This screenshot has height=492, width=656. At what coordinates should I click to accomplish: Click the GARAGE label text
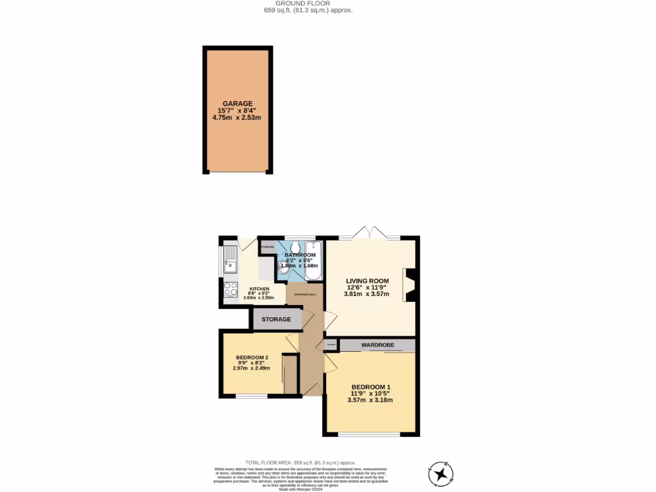pyautogui.click(x=238, y=103)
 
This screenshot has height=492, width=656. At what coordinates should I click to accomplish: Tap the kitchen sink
pyautogui.click(x=230, y=263)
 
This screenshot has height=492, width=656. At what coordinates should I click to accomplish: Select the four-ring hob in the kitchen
pyautogui.click(x=230, y=290)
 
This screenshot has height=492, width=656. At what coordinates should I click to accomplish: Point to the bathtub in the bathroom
pyautogui.click(x=313, y=261)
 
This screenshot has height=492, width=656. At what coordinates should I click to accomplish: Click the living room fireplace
pyautogui.click(x=409, y=285)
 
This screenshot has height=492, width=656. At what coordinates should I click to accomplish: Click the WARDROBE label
pyautogui.click(x=377, y=345)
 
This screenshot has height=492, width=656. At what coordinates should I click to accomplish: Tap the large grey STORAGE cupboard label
pyautogui.click(x=276, y=319)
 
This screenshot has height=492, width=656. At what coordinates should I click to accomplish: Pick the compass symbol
pyautogui.click(x=441, y=474)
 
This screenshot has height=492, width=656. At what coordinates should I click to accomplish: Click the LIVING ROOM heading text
pyautogui.click(x=368, y=281)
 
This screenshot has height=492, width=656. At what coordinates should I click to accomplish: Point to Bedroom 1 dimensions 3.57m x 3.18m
pyautogui.click(x=370, y=400)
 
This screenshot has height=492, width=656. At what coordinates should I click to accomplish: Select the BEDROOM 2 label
pyautogui.click(x=251, y=357)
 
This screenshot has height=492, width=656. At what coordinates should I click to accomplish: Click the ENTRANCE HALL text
pyautogui.click(x=305, y=294)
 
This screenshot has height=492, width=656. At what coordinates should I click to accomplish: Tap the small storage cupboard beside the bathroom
pyautogui.click(x=267, y=247)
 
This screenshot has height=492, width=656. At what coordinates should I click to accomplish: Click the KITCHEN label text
pyautogui.click(x=259, y=289)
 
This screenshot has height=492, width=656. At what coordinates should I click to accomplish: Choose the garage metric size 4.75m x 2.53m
pyautogui.click(x=238, y=118)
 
